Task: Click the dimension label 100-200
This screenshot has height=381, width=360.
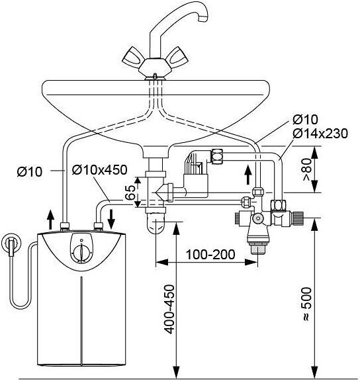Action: pyautogui.click(x=210, y=255)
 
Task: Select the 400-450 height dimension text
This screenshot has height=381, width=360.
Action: pyautogui.click(x=169, y=310)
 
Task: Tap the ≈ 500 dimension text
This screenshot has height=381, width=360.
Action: pyautogui.click(x=306, y=304)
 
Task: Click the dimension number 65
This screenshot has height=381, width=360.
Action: pyautogui.click(x=130, y=192)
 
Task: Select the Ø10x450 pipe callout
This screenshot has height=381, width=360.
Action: pyautogui.click(x=100, y=169)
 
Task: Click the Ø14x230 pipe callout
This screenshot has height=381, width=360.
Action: pyautogui.click(x=320, y=134)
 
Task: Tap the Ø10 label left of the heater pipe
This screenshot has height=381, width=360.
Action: pyautogui.click(x=29, y=172)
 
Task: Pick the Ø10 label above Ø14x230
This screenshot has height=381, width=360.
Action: pyautogui.click(x=305, y=119)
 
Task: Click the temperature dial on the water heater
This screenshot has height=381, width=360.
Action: pyautogui.click(x=81, y=253)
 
